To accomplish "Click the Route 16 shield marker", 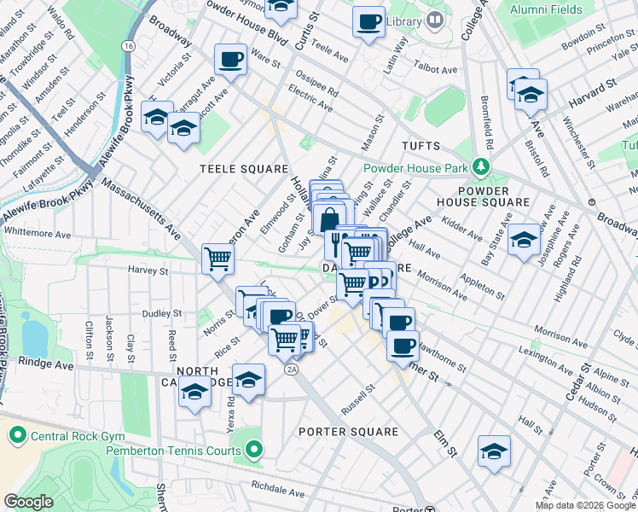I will (127, 45).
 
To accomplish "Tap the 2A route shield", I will (292, 369).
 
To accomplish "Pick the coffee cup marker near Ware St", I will (230, 59).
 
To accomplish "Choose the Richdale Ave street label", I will (277, 492).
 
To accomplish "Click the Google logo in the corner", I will (29, 502).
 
